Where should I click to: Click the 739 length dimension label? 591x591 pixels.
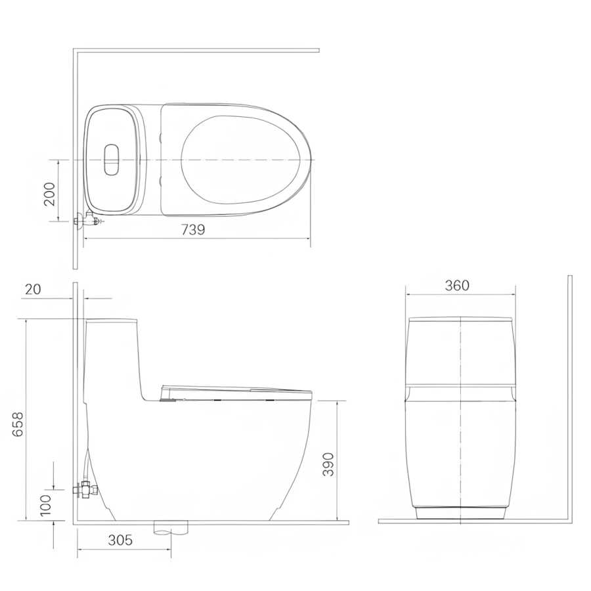point(193,230)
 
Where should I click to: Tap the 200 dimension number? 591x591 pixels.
point(49,194)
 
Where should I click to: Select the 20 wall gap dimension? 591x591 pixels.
point(33,289)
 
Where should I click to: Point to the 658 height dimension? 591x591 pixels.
point(17,424)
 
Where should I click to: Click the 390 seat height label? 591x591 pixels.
point(328,464)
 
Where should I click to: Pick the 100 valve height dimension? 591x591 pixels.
point(45,505)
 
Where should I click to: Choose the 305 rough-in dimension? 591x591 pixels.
point(120,540)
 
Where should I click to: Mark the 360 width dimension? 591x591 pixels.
point(457,286)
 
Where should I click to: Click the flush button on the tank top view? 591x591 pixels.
point(111,160)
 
